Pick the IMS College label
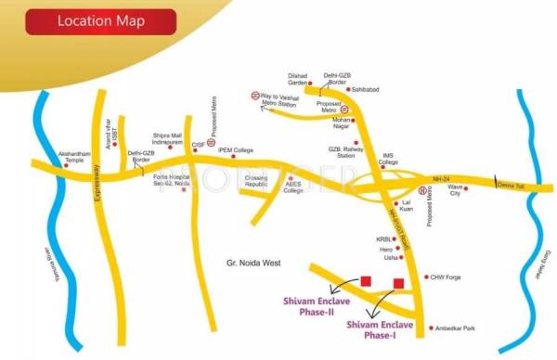click(x=391, y=160)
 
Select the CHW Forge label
click(x=447, y=276)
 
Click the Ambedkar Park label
click(x=458, y=328)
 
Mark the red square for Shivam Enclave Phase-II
click(x=366, y=279)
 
